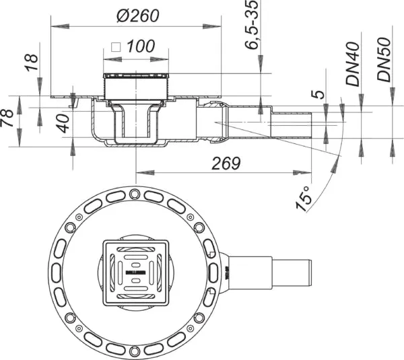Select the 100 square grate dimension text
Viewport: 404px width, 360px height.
coord(140,47)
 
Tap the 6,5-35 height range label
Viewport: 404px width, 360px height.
coord(250,27)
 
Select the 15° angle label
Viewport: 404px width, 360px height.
coord(306,195)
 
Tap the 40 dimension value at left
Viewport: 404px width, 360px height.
coord(62,124)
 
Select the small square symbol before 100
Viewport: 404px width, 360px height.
coord(115,48)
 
